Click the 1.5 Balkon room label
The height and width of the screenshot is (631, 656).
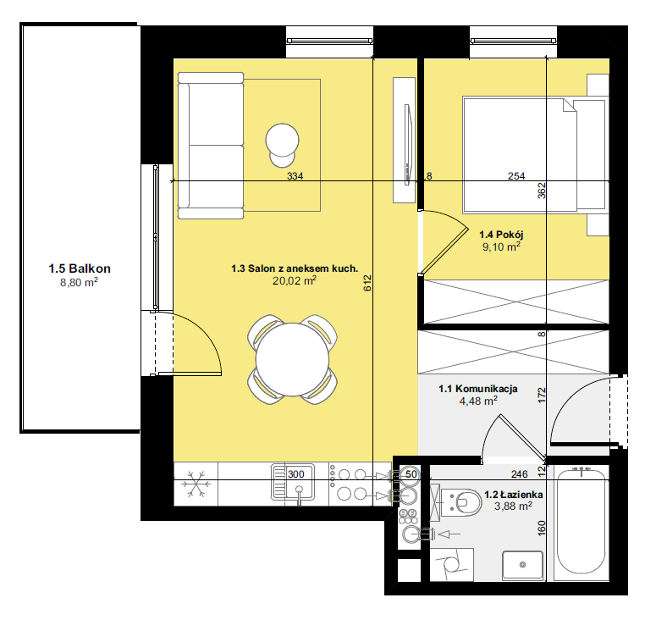[x=80, y=268]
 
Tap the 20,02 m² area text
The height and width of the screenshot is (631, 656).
[x=295, y=280]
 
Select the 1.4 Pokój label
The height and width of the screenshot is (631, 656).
[x=501, y=235]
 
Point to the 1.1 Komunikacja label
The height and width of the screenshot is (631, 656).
[x=478, y=389]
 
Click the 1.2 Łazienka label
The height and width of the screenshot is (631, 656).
[x=514, y=495]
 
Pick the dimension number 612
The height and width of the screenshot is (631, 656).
[x=367, y=283]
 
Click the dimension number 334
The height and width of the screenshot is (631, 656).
[x=295, y=176]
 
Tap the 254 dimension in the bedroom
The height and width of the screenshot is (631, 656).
[x=516, y=176]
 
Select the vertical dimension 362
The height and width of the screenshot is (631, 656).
[x=542, y=191]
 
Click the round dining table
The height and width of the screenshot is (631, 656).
[x=292, y=359]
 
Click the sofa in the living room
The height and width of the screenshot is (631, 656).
[x=211, y=146]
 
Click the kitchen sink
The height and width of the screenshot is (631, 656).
[x=293, y=482]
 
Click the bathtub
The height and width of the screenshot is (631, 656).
[x=581, y=523]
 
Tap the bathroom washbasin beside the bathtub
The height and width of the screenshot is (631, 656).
[x=522, y=565]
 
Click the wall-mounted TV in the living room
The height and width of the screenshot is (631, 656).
[x=408, y=145]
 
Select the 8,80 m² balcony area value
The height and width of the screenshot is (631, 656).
[x=79, y=282]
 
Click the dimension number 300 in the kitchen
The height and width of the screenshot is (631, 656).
[x=295, y=474]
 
